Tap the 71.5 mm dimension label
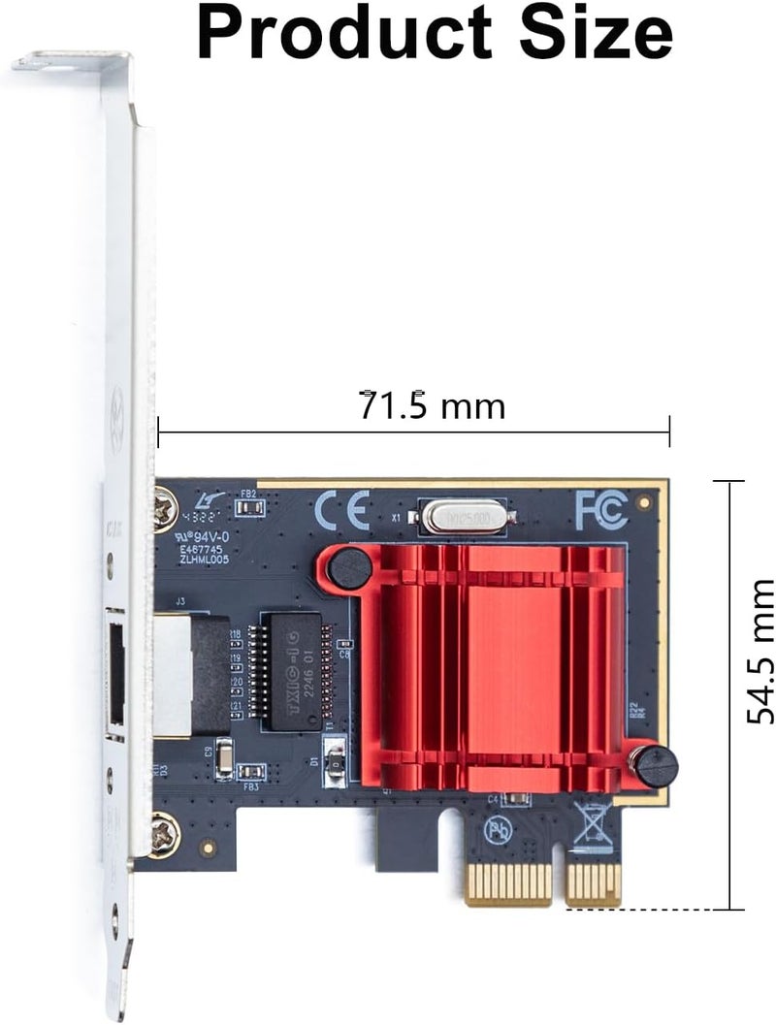(x=433, y=406)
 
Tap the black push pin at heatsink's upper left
(x=348, y=567)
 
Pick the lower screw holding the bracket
(x=165, y=832)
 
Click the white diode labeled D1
(x=336, y=757)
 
